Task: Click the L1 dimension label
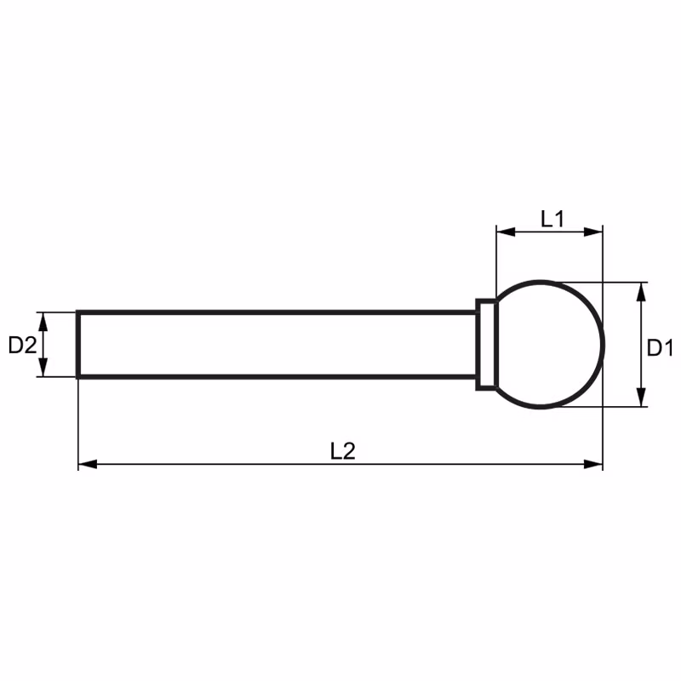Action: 552,219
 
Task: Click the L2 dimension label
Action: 343,451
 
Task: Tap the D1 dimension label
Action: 660,347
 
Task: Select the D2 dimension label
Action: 22,346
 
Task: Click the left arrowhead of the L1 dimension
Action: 506,232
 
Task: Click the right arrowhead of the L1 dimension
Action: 593,232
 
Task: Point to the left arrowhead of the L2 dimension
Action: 88,464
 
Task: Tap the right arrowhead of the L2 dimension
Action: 593,464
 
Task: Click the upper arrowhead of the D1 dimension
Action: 641,292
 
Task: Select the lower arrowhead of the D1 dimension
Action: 641,398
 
